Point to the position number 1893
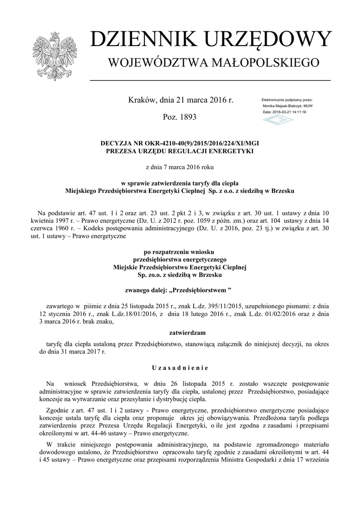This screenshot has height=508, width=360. (x=187, y=118)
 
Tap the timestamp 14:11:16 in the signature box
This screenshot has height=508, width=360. (x=296, y=112)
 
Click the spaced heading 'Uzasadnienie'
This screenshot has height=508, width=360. (x=180, y=368)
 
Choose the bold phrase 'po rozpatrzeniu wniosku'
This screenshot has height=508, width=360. (x=180, y=252)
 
